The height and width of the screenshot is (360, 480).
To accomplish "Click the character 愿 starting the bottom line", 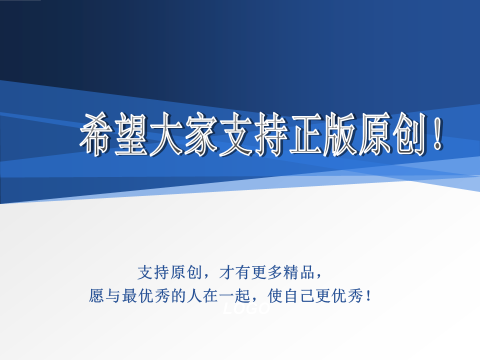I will [x=97, y=296].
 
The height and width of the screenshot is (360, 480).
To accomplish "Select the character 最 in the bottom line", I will [x=130, y=296].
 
